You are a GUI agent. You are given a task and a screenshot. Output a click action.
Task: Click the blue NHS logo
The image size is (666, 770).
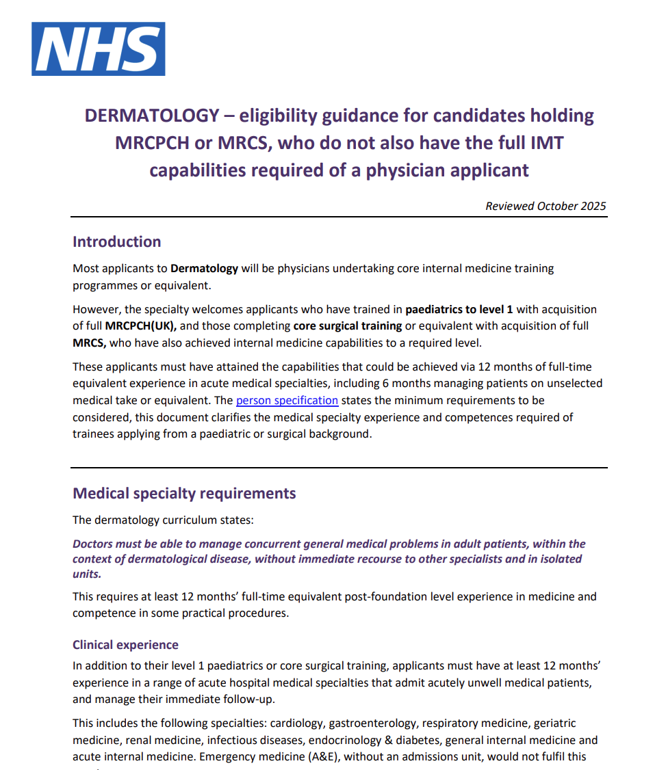point(98,49)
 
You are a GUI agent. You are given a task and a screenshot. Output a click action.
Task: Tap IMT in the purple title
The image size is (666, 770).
point(544,143)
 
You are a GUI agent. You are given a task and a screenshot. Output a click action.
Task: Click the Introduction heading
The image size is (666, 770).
point(117,242)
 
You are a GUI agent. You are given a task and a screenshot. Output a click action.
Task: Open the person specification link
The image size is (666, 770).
point(287,400)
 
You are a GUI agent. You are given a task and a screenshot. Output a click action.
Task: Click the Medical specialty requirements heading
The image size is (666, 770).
point(184,494)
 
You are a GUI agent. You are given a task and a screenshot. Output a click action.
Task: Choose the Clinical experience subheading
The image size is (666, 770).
point(125,645)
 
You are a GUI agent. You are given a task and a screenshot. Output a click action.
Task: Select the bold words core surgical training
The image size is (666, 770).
point(347,326)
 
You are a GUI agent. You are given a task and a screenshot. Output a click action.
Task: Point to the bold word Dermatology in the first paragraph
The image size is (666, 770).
point(204,268)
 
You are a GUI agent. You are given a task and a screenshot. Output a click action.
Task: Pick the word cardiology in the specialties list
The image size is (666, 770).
point(296,723)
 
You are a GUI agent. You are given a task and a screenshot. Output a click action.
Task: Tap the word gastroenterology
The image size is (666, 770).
point(372,723)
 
